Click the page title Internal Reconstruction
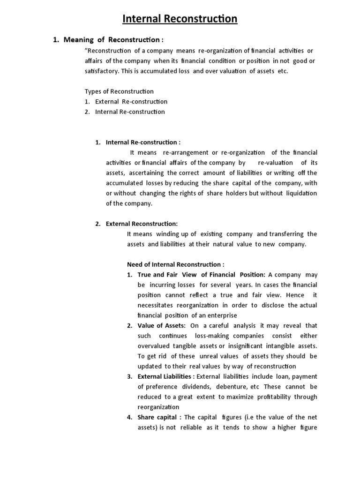(x=180, y=19)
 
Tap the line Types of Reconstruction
(x=119, y=91)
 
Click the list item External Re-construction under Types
(x=131, y=101)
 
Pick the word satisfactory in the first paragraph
(x=101, y=71)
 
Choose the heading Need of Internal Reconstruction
(x=176, y=264)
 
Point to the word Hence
(x=294, y=295)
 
